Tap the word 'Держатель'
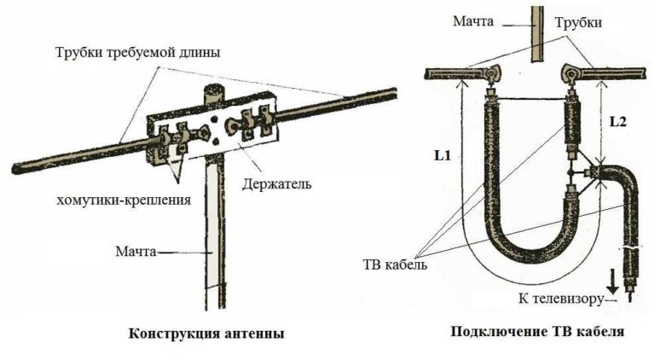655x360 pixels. point(269,183)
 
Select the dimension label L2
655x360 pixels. point(618,123)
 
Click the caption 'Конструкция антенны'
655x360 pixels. point(206,333)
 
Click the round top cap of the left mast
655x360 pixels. point(212,88)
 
